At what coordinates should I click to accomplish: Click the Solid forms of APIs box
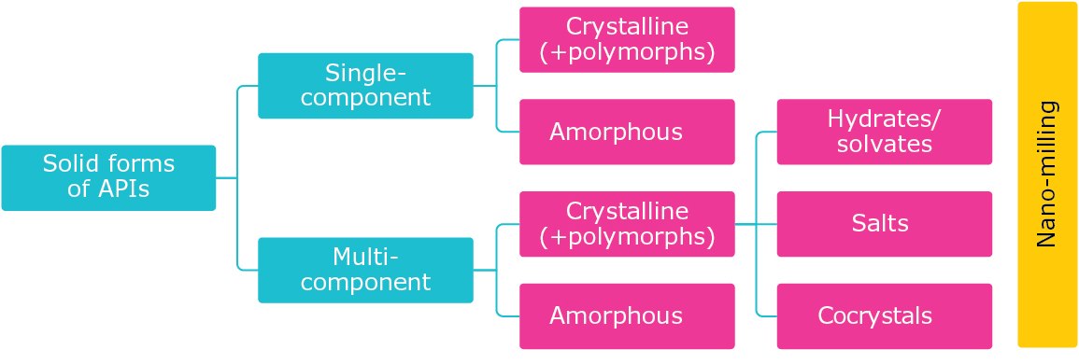(108, 177)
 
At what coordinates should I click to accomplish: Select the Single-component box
(365, 85)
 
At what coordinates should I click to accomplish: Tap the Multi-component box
(365, 270)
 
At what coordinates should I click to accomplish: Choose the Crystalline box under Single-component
(627, 39)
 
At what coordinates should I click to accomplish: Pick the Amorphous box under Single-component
(627, 132)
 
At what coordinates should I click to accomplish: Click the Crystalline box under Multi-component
(627, 224)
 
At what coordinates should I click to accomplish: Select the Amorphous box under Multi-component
(627, 315)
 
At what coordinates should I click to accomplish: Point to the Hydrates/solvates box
(884, 132)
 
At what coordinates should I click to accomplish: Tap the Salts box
(884, 224)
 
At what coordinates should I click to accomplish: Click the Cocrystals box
(884, 315)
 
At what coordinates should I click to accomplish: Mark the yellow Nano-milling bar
(1047, 175)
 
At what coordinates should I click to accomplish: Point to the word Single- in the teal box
(366, 73)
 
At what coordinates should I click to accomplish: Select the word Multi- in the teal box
(366, 257)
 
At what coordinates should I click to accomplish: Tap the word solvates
(884, 144)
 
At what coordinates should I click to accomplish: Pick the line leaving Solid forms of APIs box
(227, 177)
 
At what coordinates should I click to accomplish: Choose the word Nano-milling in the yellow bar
(1047, 175)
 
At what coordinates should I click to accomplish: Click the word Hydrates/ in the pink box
(884, 119)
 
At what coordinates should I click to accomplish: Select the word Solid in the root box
(69, 165)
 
